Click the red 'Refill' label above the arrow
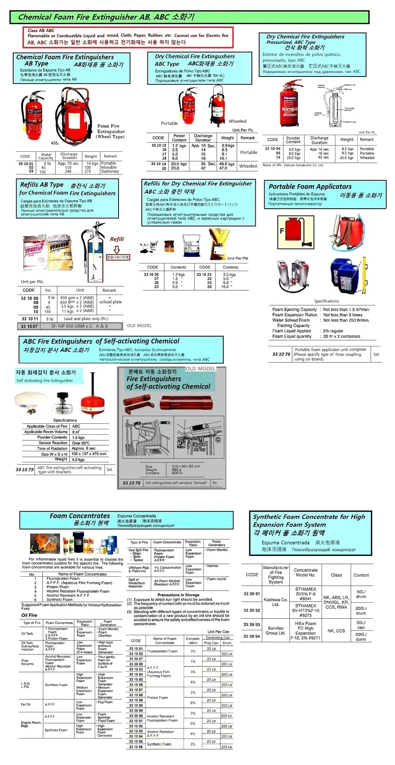[117, 239]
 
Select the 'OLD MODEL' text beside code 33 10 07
[139, 326]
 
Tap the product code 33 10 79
[25, 470]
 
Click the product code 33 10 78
[131, 483]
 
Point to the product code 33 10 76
[281, 354]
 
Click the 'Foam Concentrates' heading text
[80, 516]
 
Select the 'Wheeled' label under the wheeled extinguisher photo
[237, 122]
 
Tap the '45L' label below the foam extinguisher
[55, 143]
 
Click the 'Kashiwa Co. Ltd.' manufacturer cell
[276, 602]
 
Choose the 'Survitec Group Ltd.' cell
[276, 630]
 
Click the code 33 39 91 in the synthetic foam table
[252, 594]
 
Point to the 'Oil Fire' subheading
[29, 615]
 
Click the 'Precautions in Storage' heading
[178, 595]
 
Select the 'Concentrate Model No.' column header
[305, 572]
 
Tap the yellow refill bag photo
[219, 243]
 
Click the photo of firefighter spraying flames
[45, 544]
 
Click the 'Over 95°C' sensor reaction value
[81, 443]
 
